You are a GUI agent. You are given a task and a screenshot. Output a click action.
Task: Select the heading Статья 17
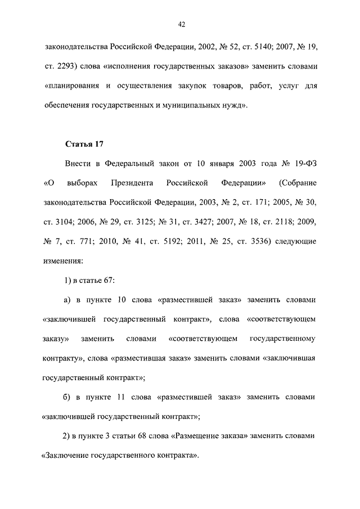pyautogui.click(x=83, y=145)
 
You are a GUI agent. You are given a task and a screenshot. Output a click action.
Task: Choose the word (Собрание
pyautogui.click(x=298, y=184)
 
